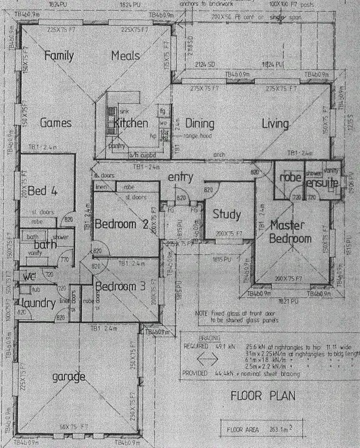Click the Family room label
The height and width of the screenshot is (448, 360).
59,56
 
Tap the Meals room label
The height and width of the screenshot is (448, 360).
125,56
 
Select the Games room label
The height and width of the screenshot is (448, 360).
56,123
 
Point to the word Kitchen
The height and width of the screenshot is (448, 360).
131,123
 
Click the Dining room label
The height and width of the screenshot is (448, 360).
200,123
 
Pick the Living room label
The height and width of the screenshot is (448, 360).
276,123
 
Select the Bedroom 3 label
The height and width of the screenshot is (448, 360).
120,287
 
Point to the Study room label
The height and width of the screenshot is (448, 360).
226,215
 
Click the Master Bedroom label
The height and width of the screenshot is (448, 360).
290,232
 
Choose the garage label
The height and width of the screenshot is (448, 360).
69,377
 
